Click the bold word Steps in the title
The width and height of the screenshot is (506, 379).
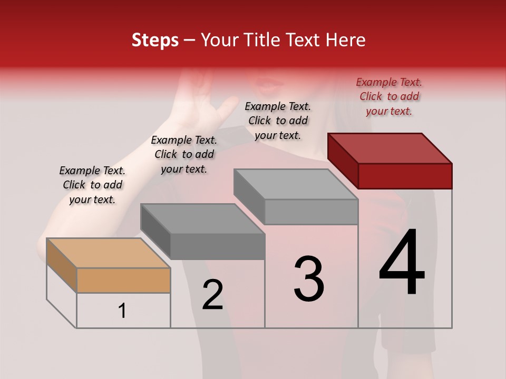[x=155, y=40]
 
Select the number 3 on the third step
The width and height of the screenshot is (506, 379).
[x=309, y=279]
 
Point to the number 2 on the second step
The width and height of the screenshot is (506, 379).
[x=212, y=295]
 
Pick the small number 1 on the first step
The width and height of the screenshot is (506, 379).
[x=122, y=311]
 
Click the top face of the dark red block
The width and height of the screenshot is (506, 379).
[x=390, y=148]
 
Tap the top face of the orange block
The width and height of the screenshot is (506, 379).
[x=108, y=253]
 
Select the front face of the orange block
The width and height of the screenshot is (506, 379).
[x=123, y=280]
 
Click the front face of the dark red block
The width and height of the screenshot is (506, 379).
[x=405, y=176]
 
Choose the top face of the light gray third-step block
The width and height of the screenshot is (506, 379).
[x=296, y=184]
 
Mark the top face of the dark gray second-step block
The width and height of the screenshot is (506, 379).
[x=202, y=218]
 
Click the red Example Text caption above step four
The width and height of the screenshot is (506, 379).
[x=389, y=96]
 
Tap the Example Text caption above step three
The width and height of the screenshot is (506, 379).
[x=278, y=121]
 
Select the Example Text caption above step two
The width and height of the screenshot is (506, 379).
[x=184, y=154]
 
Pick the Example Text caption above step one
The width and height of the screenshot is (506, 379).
[x=92, y=185]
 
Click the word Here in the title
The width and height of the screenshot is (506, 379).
[x=345, y=40]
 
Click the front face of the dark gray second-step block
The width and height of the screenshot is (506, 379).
[x=217, y=246]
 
